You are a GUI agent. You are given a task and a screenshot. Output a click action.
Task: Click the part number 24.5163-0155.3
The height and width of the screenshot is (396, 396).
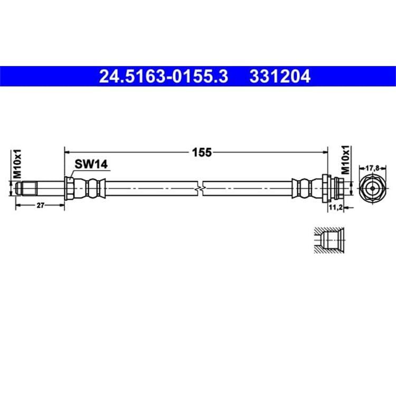(163, 76)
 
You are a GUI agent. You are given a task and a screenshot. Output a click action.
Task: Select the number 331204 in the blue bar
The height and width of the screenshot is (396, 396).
(280, 76)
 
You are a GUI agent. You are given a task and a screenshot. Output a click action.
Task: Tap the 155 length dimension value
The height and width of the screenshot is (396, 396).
(202, 153)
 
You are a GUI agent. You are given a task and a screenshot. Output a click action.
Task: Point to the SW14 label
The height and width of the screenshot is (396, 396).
(91, 164)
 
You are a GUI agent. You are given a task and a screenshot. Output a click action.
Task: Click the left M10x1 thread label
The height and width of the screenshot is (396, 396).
(17, 164)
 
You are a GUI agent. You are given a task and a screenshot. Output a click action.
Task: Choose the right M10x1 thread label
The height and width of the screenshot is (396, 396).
(345, 160)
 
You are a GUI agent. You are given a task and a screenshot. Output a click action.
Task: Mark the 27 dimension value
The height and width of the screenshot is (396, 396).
(41, 205)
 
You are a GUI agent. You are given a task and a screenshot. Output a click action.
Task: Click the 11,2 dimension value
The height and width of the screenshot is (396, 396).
(336, 208)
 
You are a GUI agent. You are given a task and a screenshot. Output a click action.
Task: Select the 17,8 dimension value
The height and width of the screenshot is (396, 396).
(373, 168)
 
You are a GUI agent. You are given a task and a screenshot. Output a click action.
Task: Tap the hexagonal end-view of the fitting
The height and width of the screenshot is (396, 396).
(373, 188)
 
